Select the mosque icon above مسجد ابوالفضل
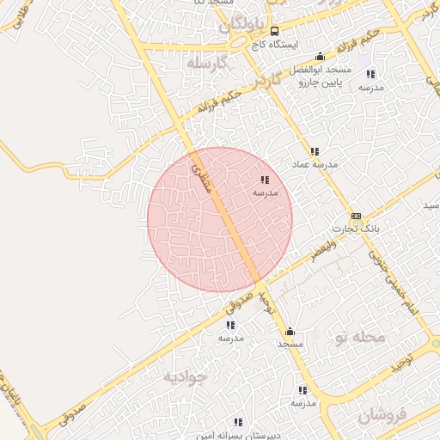click(x=321, y=56)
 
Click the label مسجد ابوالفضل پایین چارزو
click(x=321, y=76)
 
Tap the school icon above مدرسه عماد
click(x=315, y=151)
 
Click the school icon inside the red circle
click(x=265, y=180)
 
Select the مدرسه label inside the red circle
click(x=265, y=193)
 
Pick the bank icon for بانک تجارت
click(x=356, y=216)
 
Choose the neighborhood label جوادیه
click(x=185, y=376)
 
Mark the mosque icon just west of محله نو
click(x=290, y=331)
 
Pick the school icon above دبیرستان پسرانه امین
click(x=238, y=422)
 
